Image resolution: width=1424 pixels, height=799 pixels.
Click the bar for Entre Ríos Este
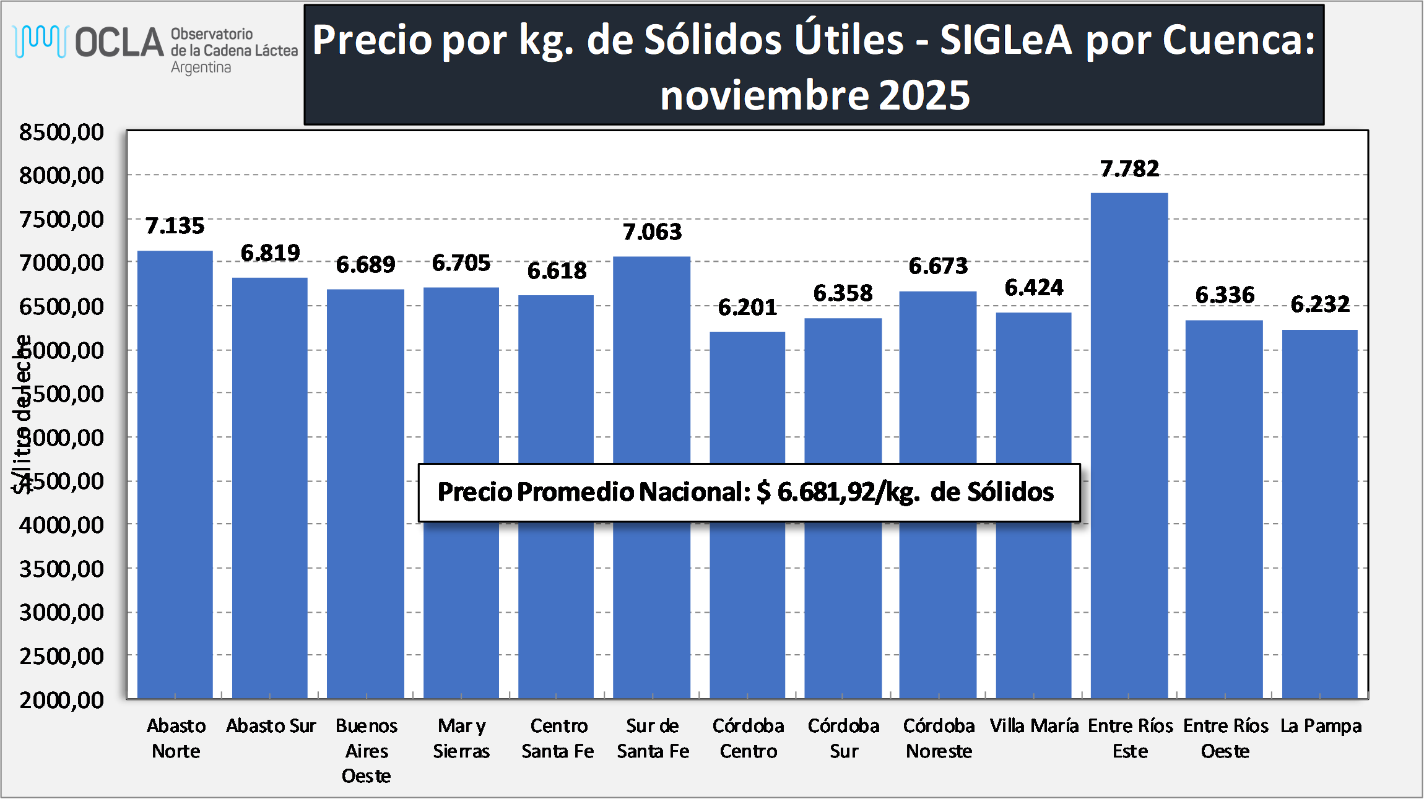1129,446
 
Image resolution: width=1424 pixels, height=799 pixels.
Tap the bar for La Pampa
1319,514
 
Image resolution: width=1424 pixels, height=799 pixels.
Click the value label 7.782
1129,169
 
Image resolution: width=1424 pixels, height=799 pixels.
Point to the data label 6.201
747,308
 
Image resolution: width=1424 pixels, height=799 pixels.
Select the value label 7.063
652,232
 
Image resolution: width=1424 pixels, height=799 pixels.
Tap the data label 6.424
1033,288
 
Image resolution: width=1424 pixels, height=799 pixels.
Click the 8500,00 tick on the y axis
61,132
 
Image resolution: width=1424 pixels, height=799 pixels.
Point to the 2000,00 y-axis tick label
61,700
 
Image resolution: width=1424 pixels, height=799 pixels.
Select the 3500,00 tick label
61,569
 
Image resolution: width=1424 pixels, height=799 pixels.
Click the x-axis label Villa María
1034,725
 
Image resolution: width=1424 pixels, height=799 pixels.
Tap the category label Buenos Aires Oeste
367,750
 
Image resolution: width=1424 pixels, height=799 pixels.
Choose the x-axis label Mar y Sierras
461,738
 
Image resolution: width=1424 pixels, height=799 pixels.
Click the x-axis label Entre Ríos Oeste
1225,738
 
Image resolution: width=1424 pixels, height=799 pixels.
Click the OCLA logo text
119,42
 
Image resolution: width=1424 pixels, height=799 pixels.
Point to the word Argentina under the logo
201,67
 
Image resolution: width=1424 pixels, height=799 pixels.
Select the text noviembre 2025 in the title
814,95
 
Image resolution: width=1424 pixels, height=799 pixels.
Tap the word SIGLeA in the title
1005,40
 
